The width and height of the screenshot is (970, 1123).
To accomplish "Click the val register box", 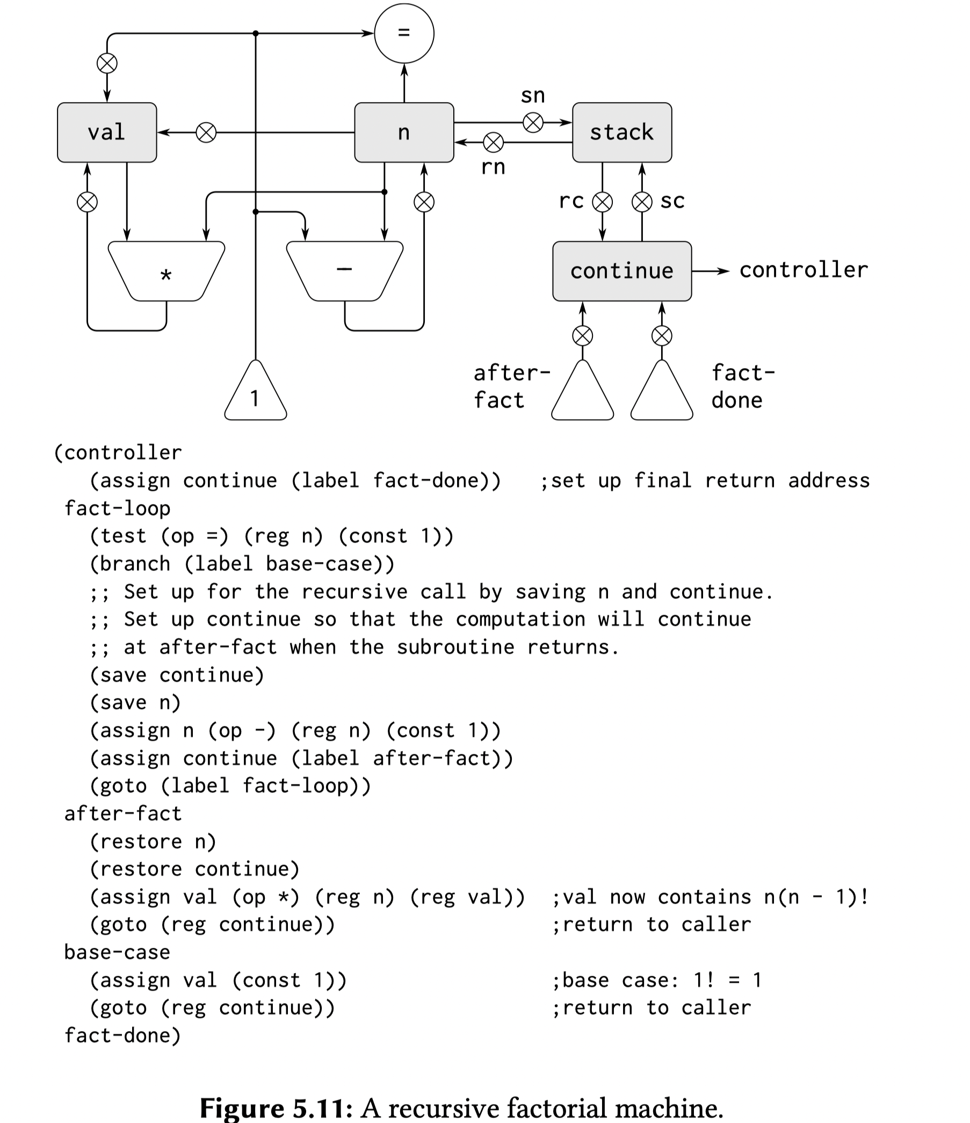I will click(x=107, y=132).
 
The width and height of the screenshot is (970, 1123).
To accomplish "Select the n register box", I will click(x=404, y=132).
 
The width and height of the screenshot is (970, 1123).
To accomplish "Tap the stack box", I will click(x=621, y=132).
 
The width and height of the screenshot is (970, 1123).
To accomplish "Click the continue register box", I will click(x=621, y=271).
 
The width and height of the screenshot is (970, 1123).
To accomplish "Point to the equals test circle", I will click(x=404, y=33).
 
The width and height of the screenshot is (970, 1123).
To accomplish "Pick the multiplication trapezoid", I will click(x=167, y=271).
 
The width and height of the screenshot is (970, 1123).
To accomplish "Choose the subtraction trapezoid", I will click(x=345, y=271).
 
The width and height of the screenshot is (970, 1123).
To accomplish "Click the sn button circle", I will click(x=533, y=123).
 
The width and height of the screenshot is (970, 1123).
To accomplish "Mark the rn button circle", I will click(x=493, y=142).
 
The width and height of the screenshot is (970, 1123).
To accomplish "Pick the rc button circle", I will click(x=602, y=202).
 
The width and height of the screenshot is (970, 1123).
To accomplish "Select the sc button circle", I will click(x=642, y=202).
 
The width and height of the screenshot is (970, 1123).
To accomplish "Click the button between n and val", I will click(x=206, y=132).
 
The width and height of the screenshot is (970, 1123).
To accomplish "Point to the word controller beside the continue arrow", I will click(x=803, y=270).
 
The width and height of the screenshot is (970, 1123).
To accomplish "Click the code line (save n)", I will click(x=135, y=703).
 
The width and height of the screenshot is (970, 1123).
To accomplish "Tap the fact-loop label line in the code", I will click(x=117, y=508).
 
